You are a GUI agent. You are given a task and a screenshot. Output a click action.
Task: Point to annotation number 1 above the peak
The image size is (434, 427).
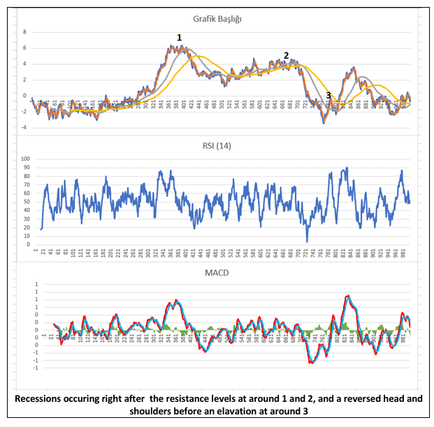coord(179,37)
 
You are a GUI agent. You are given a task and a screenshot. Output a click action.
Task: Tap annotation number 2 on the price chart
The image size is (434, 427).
coord(286,56)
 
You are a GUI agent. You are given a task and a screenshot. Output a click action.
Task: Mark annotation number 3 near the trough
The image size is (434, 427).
coord(328,96)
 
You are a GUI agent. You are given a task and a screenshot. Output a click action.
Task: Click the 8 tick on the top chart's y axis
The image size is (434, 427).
coord(24,32)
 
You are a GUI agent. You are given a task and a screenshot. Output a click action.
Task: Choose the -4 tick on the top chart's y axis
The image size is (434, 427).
coord(24,128)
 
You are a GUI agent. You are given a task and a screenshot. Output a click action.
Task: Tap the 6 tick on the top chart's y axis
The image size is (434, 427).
coord(24,48)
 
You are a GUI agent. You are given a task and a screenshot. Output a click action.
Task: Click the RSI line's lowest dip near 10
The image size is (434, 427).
coord(307,241)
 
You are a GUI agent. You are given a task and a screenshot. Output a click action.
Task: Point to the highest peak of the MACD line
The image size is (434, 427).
coord(347,296)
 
